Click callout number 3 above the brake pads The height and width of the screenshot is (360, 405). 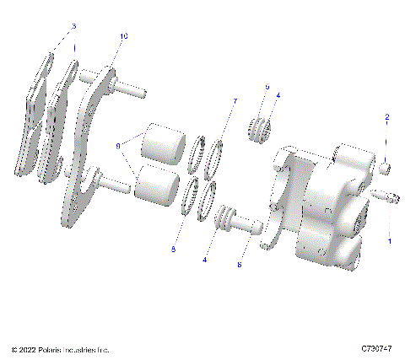point(73,27)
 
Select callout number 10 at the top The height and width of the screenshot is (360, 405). point(124,37)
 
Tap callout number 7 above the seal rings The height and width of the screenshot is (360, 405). point(235,101)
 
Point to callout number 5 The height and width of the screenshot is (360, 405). point(267,87)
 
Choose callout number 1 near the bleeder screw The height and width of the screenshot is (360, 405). point(389,240)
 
